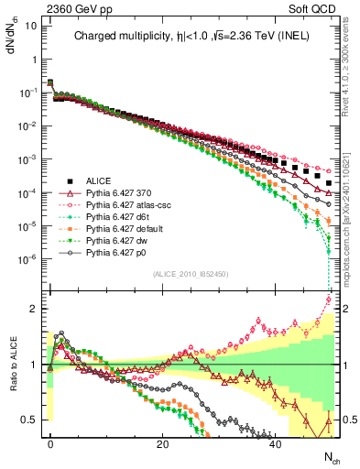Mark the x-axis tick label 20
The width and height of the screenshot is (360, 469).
163,442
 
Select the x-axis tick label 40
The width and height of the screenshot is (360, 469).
276,442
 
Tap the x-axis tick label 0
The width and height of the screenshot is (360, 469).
50,442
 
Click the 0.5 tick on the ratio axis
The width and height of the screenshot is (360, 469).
28,420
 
